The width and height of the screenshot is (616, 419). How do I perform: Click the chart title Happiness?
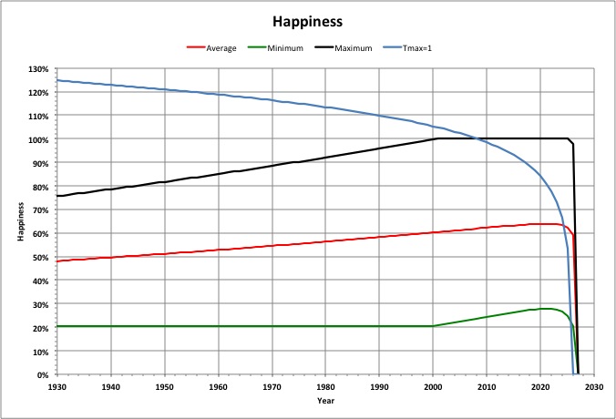coord(307,19)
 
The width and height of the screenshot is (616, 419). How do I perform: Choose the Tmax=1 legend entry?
coord(417,47)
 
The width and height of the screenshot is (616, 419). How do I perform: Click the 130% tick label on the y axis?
coord(40,69)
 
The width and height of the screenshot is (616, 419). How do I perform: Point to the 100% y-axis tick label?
coord(40,139)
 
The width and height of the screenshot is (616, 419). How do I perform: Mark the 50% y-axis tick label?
coord(42,257)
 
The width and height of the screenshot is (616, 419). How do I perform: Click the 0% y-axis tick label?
coord(44,374)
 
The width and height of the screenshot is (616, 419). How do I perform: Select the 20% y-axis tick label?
coord(42,327)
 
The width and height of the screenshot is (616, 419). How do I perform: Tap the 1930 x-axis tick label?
coord(56,386)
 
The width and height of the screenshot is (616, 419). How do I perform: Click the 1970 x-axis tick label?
coord(272,386)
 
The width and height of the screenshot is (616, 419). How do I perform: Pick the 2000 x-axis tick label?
coord(433,386)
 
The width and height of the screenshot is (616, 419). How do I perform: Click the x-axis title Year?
coord(325,400)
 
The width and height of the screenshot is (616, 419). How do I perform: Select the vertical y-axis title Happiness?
coord(19,221)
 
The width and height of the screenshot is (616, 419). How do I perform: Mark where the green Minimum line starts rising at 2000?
coord(433,326)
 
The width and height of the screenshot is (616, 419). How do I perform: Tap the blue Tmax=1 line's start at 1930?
coord(57,80)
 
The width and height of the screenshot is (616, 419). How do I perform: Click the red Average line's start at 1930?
coord(57,261)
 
